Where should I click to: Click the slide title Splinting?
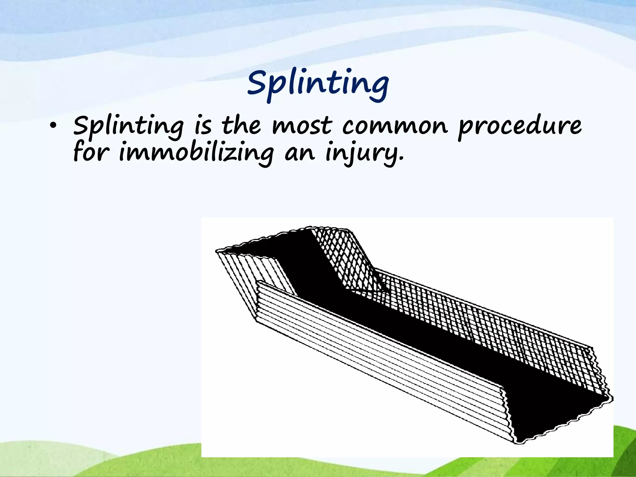pos(318,83)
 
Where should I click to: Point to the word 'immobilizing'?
pos(196,153)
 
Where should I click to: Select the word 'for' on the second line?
pos(91,152)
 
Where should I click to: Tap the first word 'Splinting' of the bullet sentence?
pos(129,127)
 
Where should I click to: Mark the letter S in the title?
pos(258,82)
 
